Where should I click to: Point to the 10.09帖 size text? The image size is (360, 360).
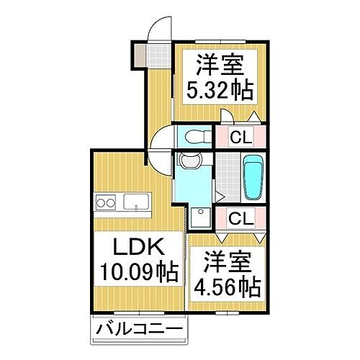coord(136,273)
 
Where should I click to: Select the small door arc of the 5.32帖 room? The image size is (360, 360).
coord(226,117)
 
